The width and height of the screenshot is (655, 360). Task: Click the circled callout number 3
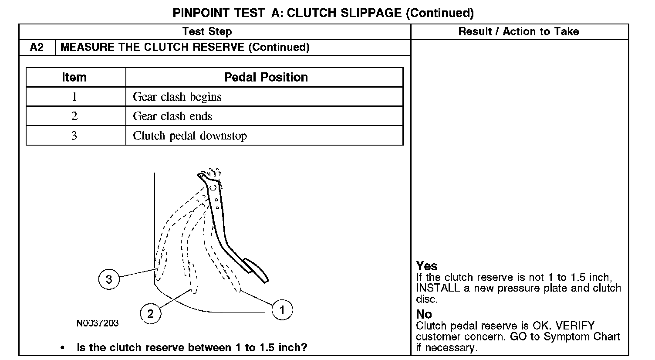(x=109, y=279)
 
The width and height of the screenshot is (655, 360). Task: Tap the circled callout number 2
(x=150, y=313)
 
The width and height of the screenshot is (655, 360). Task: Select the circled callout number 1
(x=282, y=310)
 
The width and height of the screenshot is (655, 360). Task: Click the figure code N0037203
(x=98, y=323)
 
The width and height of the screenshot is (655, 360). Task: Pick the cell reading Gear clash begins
(x=177, y=97)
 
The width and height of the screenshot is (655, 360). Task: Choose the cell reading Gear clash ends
(x=172, y=116)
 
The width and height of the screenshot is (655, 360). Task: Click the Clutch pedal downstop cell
(x=190, y=136)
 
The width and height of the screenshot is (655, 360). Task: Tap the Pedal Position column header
(x=266, y=77)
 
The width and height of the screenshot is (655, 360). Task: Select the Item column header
(x=74, y=77)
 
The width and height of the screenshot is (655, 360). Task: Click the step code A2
(x=37, y=47)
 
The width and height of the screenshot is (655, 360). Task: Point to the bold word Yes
(x=427, y=266)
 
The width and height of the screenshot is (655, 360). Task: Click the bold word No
(x=424, y=314)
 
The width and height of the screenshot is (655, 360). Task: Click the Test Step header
(x=207, y=31)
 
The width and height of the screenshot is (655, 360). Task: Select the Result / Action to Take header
(x=519, y=31)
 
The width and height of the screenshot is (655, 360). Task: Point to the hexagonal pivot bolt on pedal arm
(x=213, y=188)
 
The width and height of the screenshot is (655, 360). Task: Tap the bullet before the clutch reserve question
(x=63, y=348)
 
